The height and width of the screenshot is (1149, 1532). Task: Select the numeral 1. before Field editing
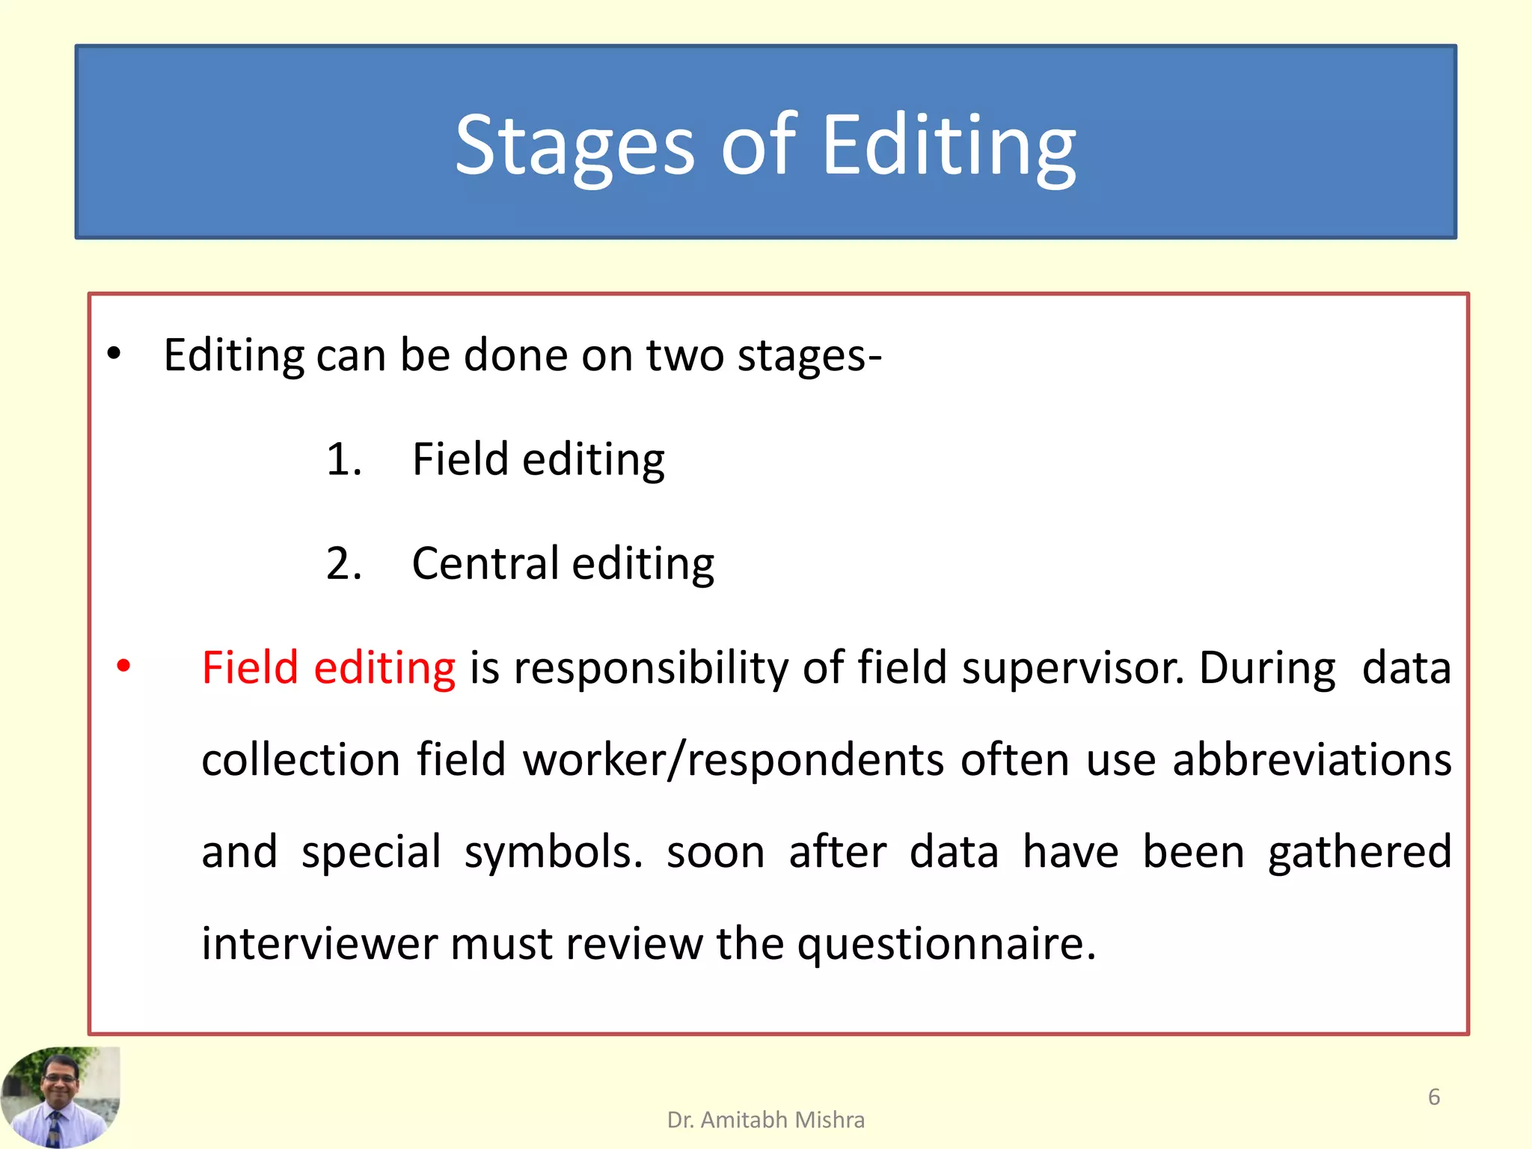344,459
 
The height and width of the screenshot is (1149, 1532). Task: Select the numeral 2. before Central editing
344,563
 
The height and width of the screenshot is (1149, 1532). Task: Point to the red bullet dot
124,665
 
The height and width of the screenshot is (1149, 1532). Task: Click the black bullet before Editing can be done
113,354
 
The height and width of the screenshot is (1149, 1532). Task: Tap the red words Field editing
328,667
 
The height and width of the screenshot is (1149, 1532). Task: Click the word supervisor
1073,667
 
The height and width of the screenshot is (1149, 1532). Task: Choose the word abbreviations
1311,760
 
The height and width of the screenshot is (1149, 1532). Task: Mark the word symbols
553,853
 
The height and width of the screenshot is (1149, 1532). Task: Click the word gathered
1359,853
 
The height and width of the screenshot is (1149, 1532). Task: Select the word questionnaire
946,944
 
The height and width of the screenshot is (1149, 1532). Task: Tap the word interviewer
319,944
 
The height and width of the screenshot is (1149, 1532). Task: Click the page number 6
1433,1097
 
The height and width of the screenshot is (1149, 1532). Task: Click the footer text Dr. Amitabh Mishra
765,1120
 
